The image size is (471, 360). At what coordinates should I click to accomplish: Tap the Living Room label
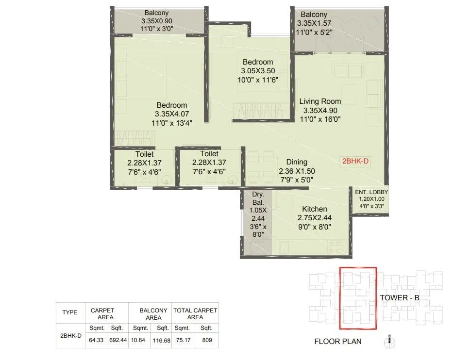point(320,101)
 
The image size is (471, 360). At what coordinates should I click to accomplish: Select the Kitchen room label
point(314,209)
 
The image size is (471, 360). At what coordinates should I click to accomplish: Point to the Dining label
point(297,163)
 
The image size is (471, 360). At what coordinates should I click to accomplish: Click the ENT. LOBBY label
point(371,192)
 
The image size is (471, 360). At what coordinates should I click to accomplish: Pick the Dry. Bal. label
point(258,197)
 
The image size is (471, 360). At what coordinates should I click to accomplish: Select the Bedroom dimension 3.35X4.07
point(171,114)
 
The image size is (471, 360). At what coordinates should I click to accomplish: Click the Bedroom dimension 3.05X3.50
point(258,71)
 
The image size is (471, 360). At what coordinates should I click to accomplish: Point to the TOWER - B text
point(400,298)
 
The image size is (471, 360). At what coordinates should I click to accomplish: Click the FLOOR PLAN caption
point(338,342)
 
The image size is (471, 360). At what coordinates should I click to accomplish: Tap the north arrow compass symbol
point(389,339)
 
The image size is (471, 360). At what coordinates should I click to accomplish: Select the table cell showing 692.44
point(118,340)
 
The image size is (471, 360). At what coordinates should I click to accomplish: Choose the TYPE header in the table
point(69,312)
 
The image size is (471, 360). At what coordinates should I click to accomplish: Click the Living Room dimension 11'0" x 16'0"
point(320,119)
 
